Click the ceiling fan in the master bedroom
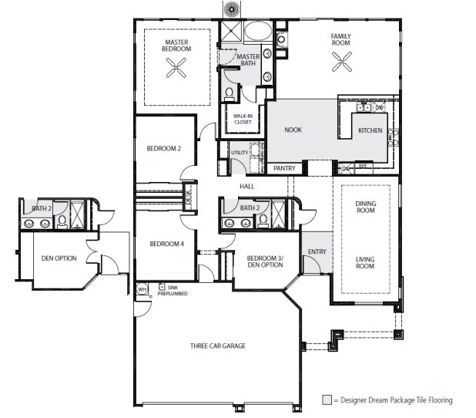[177, 69]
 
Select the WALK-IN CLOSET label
[243, 118]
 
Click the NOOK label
[293, 130]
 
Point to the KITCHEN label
[370, 130]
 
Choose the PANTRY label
[284, 167]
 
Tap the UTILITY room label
[240, 153]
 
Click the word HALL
[246, 186]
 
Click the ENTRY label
[317, 251]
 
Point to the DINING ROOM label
[365, 206]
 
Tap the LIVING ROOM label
[365, 262]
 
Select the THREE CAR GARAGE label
[218, 346]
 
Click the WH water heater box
[142, 289]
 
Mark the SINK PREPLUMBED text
[173, 291]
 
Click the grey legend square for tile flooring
[327, 399]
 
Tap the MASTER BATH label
[248, 60]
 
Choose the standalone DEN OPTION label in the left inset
[59, 258]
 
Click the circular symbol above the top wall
[231, 8]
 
